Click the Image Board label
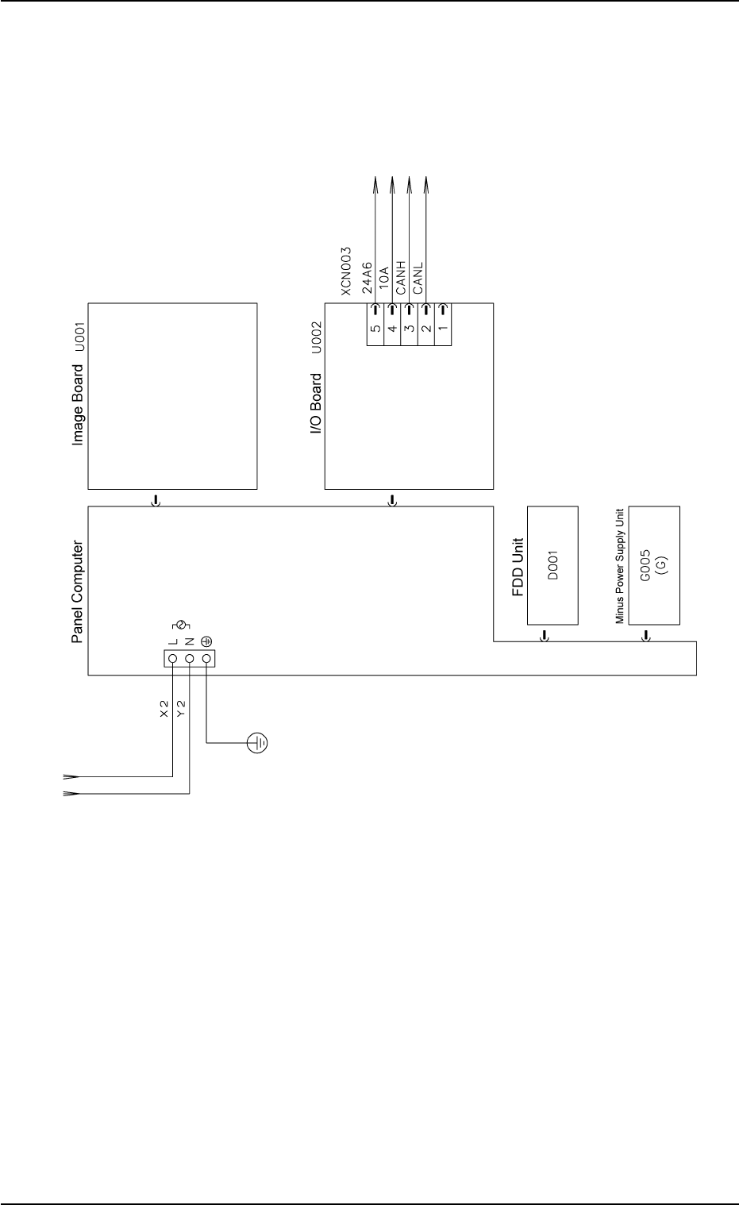[78, 404]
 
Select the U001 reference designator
[79, 330]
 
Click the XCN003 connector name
[346, 271]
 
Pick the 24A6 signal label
[368, 279]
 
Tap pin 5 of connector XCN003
[374, 325]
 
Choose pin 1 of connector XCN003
[443, 325]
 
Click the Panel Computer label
[78, 592]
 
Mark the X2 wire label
[164, 708]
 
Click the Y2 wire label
[181, 708]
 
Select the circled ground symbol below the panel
[257, 743]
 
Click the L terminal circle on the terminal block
[172, 658]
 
